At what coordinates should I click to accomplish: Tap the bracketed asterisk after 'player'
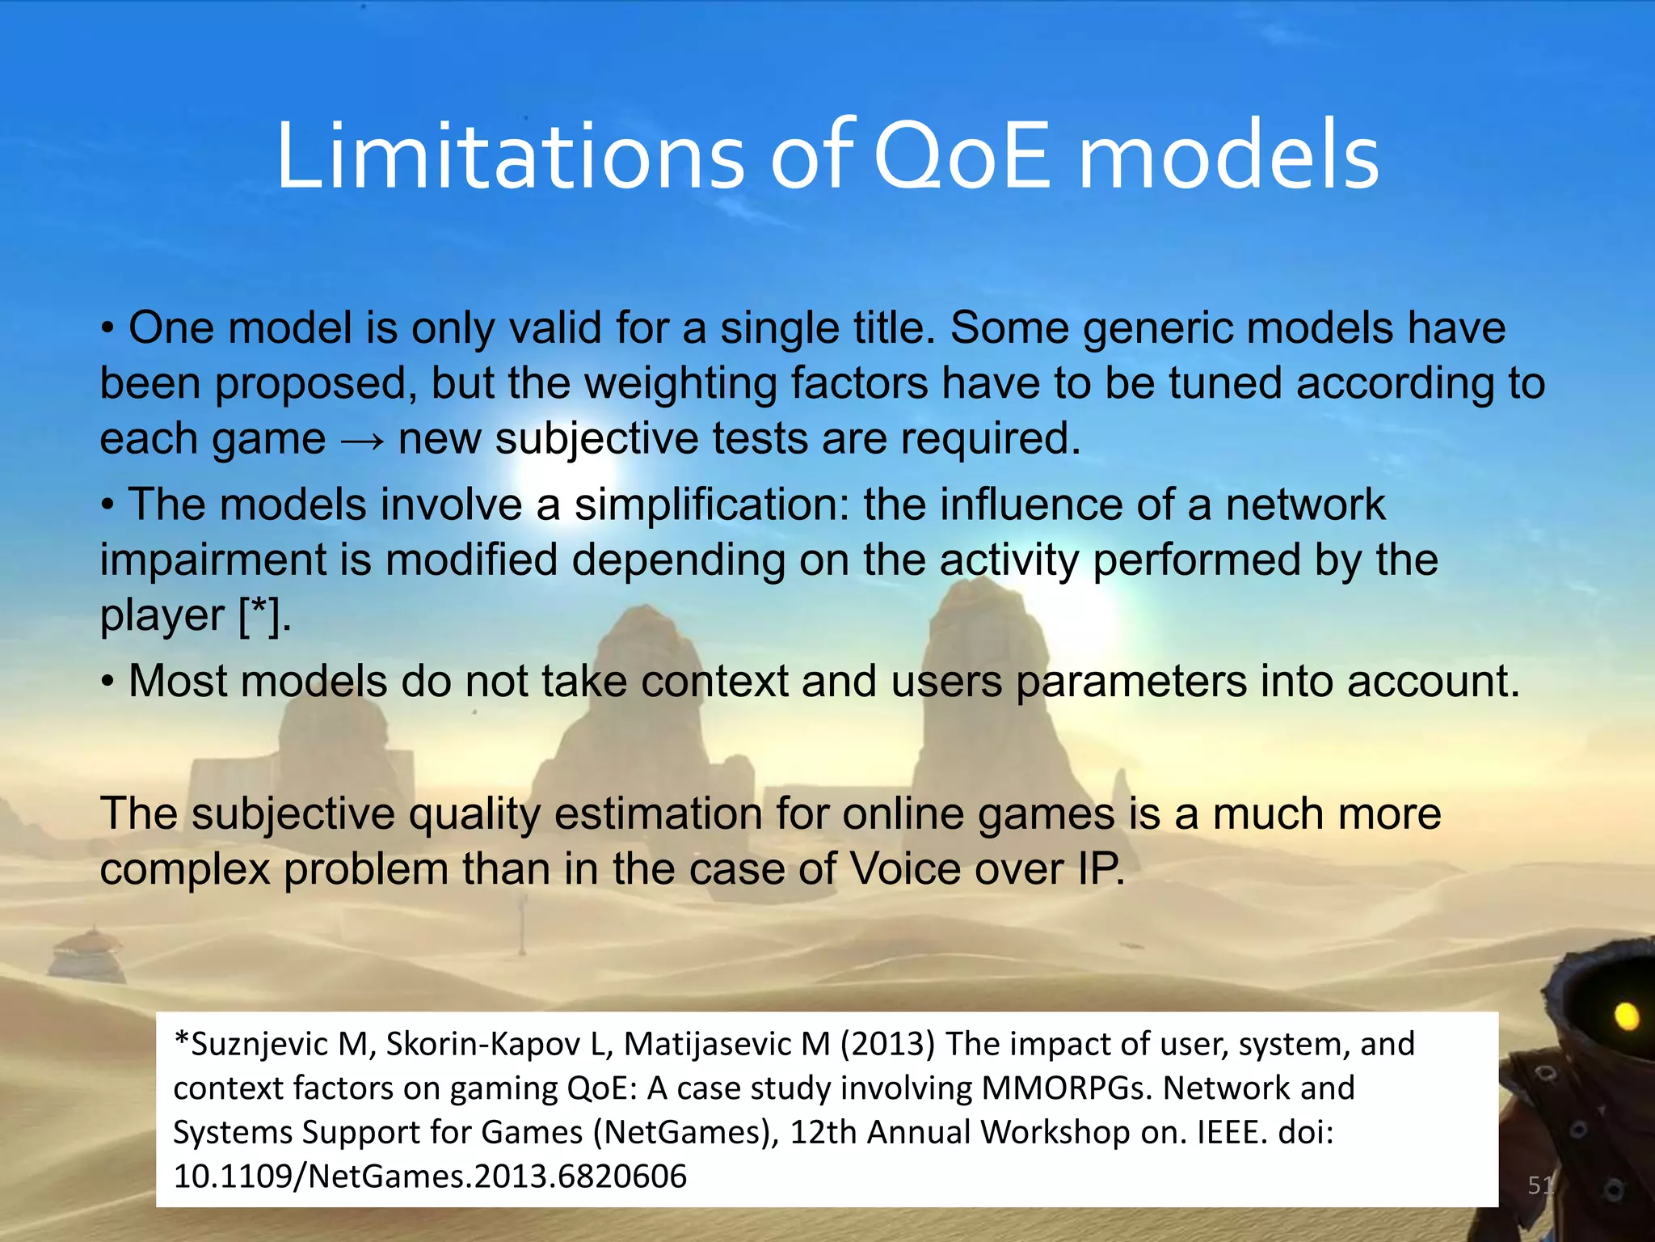click(263, 616)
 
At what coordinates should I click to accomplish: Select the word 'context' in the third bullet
click(714, 681)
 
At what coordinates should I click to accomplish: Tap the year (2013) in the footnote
click(887, 1044)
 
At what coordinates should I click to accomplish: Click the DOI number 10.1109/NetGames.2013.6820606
click(430, 1176)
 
